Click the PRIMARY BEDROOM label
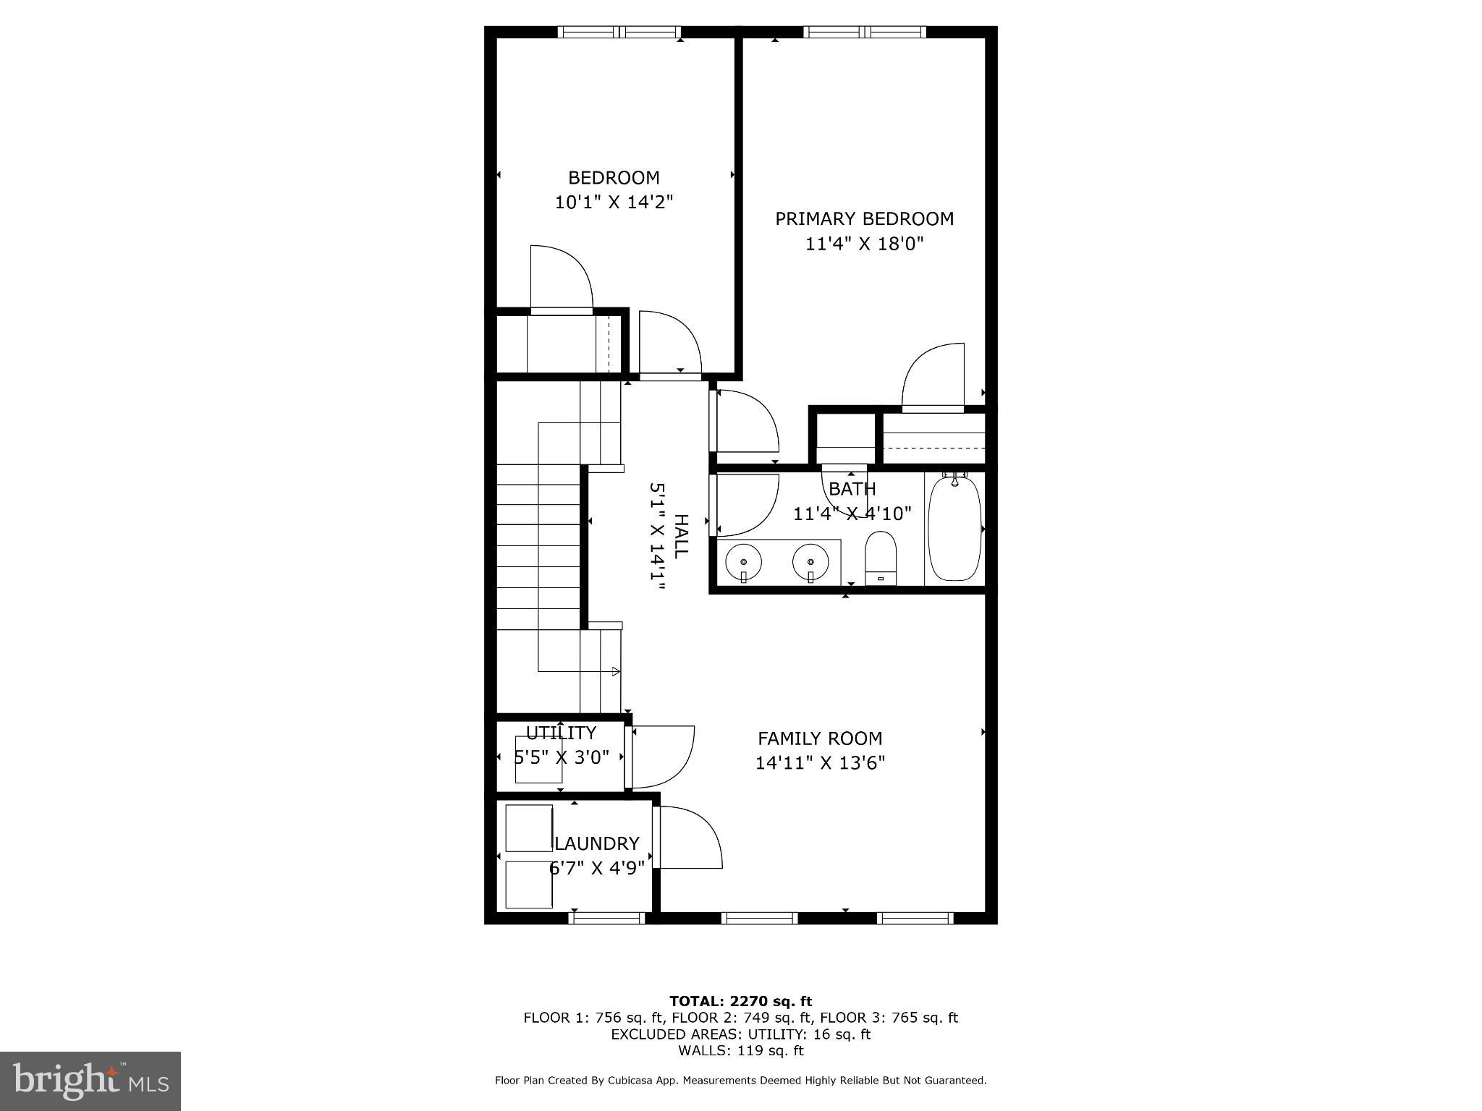coord(864,218)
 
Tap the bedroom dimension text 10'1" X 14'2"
coord(614,202)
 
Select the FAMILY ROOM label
coord(820,738)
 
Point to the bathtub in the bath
coord(954,528)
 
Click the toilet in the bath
coord(881,558)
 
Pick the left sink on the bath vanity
coord(743,561)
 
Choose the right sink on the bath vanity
coord(810,561)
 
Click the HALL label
coord(681,536)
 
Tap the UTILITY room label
coord(561,733)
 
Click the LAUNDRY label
coord(597,843)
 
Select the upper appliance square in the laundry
coord(529,827)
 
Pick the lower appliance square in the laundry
coord(529,884)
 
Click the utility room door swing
coord(662,756)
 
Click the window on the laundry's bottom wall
coord(606,918)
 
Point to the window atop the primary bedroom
coord(865,32)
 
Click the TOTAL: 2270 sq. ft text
coord(740,1001)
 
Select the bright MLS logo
coord(90,1081)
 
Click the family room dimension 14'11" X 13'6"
coord(820,763)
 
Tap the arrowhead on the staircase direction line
coord(616,671)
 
